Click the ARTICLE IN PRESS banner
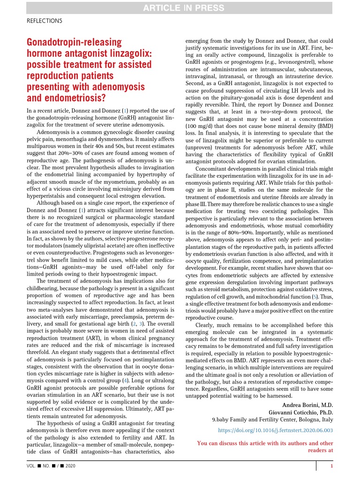click(x=180, y=7)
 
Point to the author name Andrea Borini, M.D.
click(x=307, y=404)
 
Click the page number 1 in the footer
click(x=331, y=466)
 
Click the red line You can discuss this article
click(x=265, y=443)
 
